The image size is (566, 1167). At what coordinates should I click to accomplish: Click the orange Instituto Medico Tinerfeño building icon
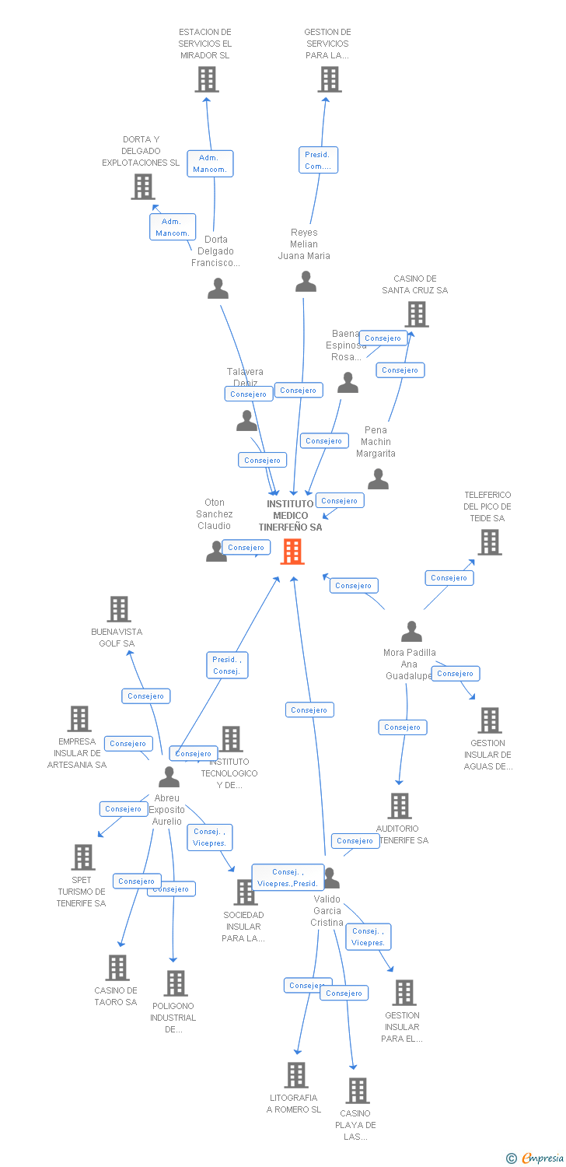pyautogui.click(x=292, y=552)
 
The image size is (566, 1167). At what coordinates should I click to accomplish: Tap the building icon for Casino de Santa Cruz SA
pyautogui.click(x=417, y=314)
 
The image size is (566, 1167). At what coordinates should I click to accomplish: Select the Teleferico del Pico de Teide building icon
pyautogui.click(x=489, y=542)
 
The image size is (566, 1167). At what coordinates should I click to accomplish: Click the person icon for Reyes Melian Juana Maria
pyautogui.click(x=306, y=282)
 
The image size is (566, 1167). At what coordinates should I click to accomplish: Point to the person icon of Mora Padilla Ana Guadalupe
pyautogui.click(x=411, y=631)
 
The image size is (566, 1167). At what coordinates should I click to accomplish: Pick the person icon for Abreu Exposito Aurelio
pyautogui.click(x=169, y=776)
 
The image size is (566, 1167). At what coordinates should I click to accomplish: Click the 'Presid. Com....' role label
pyautogui.click(x=318, y=160)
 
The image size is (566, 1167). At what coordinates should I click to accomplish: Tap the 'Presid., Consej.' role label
pyautogui.click(x=226, y=665)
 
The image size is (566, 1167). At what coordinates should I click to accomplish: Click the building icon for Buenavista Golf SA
pyautogui.click(x=118, y=609)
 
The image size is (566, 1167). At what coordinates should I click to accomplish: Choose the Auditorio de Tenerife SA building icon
pyautogui.click(x=400, y=806)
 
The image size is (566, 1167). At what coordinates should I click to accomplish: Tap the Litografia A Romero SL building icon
pyautogui.click(x=295, y=1075)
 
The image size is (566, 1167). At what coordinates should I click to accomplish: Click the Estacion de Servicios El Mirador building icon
pyautogui.click(x=206, y=79)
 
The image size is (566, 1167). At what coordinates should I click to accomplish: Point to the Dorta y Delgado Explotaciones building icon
pyautogui.click(x=142, y=187)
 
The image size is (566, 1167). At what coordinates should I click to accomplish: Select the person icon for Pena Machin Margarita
pyautogui.click(x=378, y=479)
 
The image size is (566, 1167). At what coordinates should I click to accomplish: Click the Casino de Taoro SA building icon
pyautogui.click(x=117, y=968)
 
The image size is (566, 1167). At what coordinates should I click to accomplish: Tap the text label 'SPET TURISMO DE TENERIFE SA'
pyautogui.click(x=81, y=892)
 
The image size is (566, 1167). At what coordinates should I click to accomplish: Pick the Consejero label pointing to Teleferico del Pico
pyautogui.click(x=449, y=578)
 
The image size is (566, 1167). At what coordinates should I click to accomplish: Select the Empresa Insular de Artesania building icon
pyautogui.click(x=79, y=719)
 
